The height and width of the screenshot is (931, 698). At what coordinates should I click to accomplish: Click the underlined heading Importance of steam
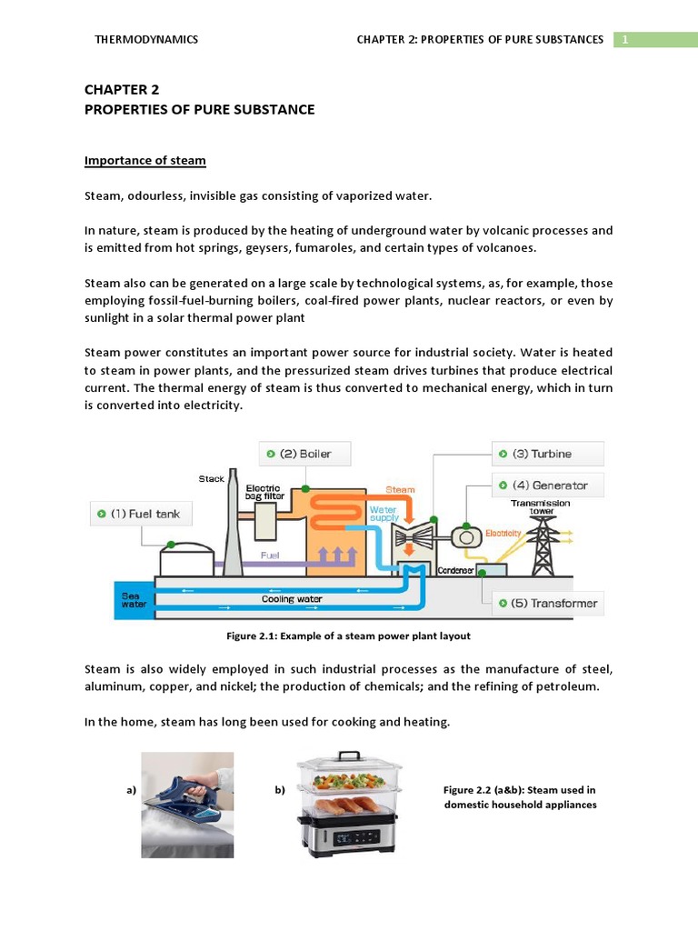click(145, 161)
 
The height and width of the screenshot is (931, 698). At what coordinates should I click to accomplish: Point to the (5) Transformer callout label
click(550, 603)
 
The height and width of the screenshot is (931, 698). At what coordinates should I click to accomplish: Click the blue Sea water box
click(135, 600)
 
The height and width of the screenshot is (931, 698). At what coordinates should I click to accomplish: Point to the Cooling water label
click(292, 599)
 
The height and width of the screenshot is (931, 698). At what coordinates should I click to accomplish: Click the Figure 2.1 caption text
click(349, 636)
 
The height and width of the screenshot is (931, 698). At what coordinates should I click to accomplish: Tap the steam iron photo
click(187, 804)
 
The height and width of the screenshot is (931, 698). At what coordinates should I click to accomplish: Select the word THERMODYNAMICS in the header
click(146, 39)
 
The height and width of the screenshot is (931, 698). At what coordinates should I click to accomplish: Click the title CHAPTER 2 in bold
click(122, 89)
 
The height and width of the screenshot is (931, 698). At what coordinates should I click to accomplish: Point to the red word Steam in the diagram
click(400, 489)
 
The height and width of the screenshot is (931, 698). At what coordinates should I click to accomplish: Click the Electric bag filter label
click(264, 492)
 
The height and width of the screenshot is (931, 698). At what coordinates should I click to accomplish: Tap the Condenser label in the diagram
click(456, 570)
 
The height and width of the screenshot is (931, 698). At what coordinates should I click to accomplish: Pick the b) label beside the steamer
click(280, 790)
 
